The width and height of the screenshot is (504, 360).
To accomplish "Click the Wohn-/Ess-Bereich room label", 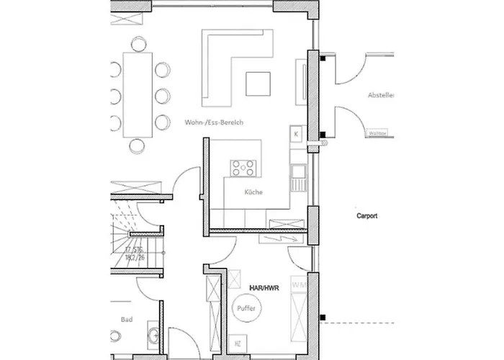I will (x=214, y=123).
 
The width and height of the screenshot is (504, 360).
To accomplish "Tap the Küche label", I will (x=253, y=192).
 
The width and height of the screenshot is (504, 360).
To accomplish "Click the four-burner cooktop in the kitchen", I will (x=244, y=168).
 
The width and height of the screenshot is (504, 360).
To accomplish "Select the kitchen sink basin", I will (x=298, y=173).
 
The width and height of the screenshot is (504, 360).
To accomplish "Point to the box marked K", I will (x=296, y=134).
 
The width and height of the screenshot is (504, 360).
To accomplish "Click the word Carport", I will (x=366, y=215).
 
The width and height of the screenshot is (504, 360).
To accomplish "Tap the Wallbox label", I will (x=375, y=133).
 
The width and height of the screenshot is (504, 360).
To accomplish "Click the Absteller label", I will (x=382, y=95).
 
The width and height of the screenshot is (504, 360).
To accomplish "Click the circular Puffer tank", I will (x=245, y=308).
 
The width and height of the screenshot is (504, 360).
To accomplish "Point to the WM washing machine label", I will (x=297, y=287).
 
